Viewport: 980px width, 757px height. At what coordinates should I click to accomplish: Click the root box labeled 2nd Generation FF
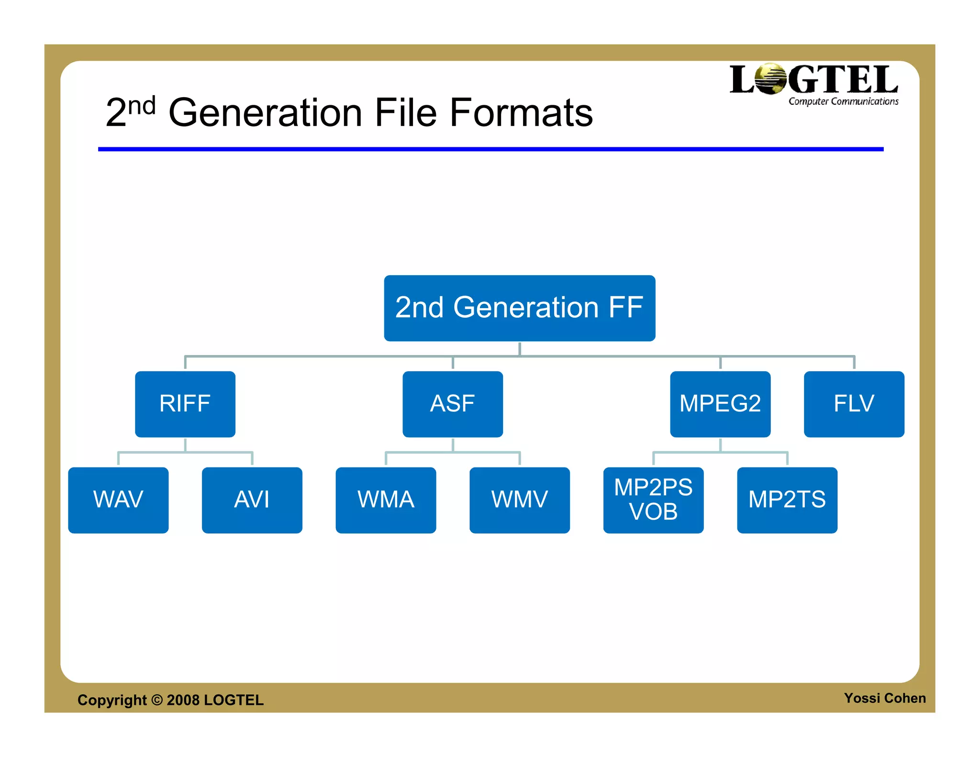click(x=519, y=308)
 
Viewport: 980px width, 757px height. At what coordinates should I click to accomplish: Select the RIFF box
click(x=185, y=404)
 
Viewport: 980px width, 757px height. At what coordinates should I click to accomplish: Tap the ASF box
click(x=453, y=404)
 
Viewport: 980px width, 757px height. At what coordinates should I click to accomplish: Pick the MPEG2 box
click(x=720, y=404)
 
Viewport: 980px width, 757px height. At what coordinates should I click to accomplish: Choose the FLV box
click(x=854, y=404)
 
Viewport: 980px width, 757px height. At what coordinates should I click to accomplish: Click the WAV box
click(x=118, y=500)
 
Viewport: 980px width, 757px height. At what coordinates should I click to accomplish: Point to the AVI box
click(x=252, y=500)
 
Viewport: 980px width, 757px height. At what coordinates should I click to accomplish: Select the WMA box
click(x=386, y=500)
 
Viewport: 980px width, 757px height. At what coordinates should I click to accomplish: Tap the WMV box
click(x=520, y=500)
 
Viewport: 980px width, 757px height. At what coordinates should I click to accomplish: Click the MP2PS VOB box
click(x=653, y=500)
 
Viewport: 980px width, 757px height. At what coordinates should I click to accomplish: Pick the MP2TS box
click(x=787, y=500)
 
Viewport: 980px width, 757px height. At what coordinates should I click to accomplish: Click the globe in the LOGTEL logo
click(x=770, y=79)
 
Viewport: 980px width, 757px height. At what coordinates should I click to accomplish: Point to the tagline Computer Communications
click(x=843, y=101)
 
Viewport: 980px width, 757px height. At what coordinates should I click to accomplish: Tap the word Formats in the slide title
click(x=522, y=113)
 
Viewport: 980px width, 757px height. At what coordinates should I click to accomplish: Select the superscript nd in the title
click(x=142, y=105)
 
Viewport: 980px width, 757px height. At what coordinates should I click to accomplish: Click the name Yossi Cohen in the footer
click(x=885, y=698)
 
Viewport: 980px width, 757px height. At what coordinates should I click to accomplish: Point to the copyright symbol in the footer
click(x=157, y=700)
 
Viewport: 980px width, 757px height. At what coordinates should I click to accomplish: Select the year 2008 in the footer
click(x=183, y=700)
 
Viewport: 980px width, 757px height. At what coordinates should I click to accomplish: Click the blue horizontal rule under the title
click(x=490, y=149)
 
